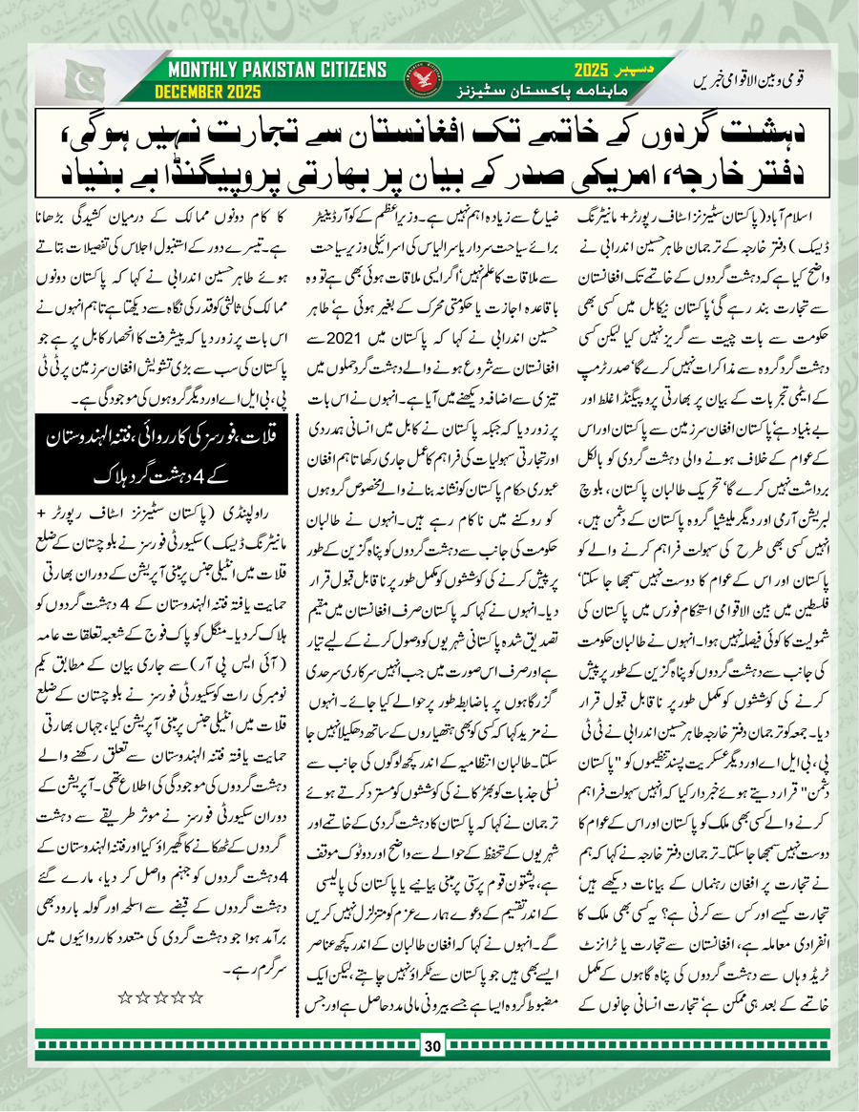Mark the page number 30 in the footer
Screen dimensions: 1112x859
[430, 1047]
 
